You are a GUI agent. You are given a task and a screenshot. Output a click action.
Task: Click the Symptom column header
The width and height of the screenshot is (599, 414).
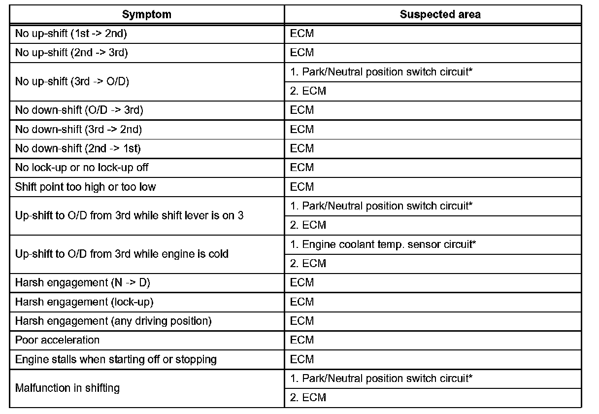(147, 14)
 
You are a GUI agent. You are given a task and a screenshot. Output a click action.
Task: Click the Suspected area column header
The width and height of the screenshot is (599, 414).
(440, 14)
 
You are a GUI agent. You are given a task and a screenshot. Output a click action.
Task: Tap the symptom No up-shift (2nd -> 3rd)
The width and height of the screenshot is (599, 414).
(71, 53)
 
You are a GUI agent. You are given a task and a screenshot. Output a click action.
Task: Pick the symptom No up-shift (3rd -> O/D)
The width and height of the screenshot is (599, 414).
(72, 81)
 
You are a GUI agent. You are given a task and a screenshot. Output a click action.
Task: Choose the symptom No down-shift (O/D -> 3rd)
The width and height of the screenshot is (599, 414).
(79, 110)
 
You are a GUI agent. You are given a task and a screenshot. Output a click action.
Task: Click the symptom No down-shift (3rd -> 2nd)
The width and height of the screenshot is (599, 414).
(79, 129)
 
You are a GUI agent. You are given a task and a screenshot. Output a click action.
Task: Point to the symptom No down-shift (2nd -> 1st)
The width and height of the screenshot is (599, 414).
(78, 148)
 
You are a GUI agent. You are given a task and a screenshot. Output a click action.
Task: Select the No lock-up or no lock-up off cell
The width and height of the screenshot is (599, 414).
(82, 168)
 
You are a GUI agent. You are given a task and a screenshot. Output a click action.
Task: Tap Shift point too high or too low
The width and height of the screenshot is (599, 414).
(85, 187)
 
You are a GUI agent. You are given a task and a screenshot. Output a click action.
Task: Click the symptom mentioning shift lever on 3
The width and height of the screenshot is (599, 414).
(129, 215)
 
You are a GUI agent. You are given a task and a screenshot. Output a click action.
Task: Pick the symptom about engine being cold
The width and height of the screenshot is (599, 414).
(122, 254)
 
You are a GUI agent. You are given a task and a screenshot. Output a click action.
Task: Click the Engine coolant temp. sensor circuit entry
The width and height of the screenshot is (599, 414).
(383, 244)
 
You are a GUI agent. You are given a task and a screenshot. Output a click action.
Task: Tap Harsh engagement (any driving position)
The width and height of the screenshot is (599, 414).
(113, 321)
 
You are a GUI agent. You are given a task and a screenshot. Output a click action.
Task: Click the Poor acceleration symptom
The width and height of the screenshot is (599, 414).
(57, 340)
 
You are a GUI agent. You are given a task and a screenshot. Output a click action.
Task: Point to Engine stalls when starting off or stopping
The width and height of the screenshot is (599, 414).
(116, 359)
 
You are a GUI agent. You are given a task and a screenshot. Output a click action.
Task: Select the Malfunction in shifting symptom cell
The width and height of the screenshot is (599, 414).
(67, 388)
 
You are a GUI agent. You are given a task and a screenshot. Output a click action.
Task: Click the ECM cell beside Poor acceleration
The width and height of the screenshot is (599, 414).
(302, 340)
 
